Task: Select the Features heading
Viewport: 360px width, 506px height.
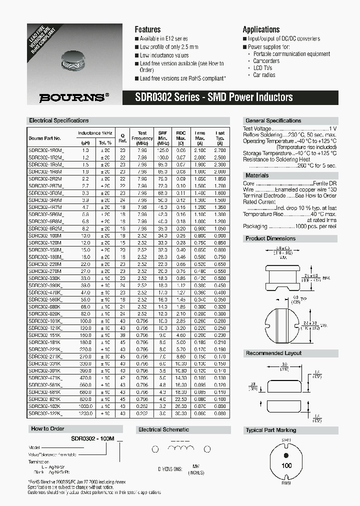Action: [147, 29]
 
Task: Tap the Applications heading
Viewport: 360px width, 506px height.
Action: [261, 29]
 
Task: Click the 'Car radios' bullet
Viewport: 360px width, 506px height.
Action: [264, 75]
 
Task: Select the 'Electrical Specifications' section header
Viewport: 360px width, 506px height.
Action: [59, 121]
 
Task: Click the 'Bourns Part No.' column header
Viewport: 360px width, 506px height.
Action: [45, 138]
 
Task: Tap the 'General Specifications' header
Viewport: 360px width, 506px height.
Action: [273, 121]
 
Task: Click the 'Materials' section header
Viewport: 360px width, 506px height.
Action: [257, 175]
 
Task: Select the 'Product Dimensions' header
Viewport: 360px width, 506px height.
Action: [270, 238]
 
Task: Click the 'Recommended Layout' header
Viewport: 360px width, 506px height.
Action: [273, 353]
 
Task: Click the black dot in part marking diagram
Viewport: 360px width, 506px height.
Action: [286, 455]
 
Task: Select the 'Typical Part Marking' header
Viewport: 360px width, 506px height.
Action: [271, 430]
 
